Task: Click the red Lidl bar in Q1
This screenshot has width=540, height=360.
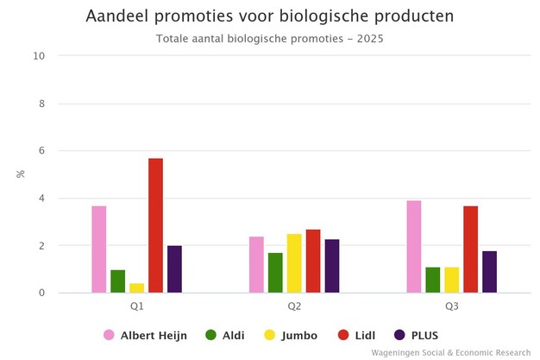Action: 155,225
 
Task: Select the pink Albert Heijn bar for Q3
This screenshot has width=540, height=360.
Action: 414,247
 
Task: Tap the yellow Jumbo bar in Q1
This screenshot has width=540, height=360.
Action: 136,287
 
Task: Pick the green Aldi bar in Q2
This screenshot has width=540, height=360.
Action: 275,273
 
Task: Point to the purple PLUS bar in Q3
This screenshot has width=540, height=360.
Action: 489,272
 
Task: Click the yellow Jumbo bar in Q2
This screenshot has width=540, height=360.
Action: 294,263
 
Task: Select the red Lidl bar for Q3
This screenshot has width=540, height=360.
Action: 470,249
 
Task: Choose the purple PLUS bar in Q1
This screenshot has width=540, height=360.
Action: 174,269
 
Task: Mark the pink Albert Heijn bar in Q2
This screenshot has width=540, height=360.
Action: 256,265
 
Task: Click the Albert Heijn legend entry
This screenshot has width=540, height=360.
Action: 145,335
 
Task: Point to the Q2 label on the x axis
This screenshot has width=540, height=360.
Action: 294,306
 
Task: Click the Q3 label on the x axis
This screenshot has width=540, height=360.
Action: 451,306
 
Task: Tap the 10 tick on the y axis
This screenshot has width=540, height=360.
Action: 39,56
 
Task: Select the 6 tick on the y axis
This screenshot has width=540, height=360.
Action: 41,151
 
